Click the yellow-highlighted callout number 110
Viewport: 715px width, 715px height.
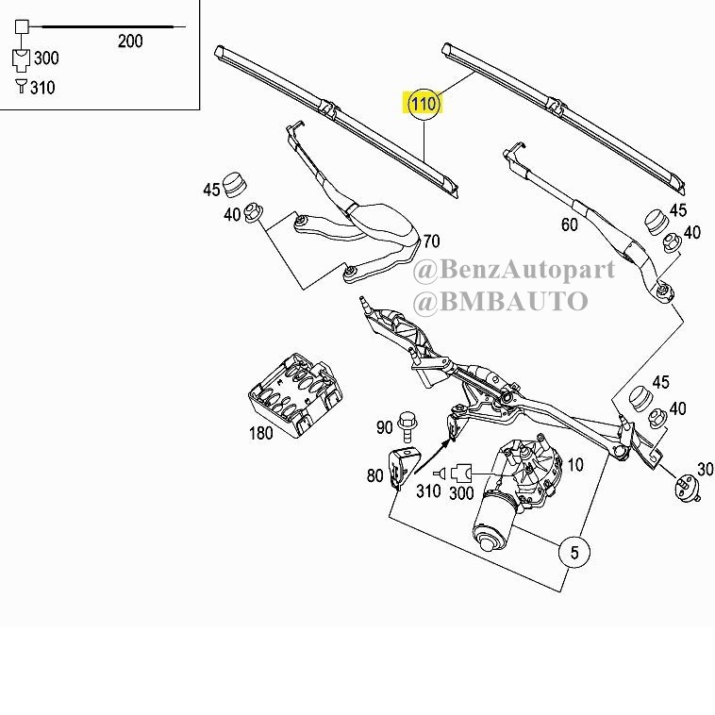[424, 105]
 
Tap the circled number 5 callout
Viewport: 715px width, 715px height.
[574, 552]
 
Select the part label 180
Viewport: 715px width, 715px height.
[261, 433]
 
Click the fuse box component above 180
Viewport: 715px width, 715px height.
[295, 395]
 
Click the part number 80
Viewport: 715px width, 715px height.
[374, 475]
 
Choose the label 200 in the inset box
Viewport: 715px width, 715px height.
[130, 42]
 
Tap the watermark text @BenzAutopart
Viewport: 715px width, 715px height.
[514, 270]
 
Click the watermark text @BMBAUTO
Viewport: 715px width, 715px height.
[500, 301]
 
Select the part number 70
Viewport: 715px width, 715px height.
[431, 241]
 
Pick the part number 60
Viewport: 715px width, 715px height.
[570, 224]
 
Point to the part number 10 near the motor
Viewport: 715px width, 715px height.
[575, 465]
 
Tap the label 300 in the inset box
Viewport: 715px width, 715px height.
[46, 58]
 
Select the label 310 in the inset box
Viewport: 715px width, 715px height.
[42, 88]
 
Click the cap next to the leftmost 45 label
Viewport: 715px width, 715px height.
[235, 185]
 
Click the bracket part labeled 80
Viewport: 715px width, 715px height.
[403, 468]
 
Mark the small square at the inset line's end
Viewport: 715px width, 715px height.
[22, 26]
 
